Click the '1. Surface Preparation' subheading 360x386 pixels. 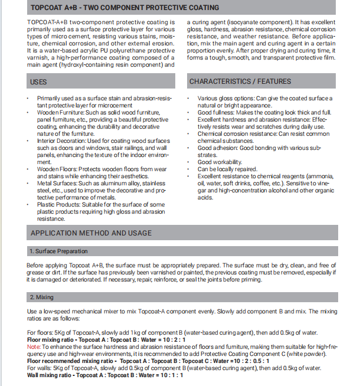tap(58, 251)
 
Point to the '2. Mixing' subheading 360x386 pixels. tap(41, 296)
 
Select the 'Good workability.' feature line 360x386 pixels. tap(220, 162)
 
